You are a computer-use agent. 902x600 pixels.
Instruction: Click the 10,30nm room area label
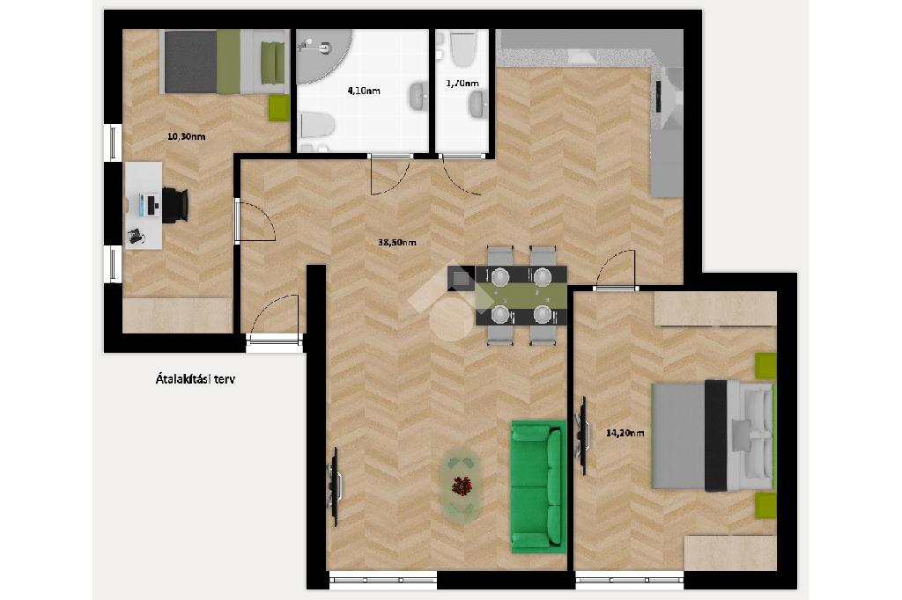click(186, 136)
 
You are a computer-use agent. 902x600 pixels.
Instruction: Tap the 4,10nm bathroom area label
click(364, 91)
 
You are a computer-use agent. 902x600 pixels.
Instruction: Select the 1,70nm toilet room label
click(462, 84)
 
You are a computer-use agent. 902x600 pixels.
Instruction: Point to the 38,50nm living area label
click(397, 243)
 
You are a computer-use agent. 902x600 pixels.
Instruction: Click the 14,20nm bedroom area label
click(625, 433)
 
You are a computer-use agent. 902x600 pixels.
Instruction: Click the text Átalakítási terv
click(195, 379)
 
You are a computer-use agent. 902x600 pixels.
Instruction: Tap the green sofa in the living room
click(538, 487)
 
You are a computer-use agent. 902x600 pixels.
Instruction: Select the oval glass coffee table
click(461, 486)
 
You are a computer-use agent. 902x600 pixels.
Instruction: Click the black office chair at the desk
click(175, 205)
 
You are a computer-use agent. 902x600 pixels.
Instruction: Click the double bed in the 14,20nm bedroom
click(713, 435)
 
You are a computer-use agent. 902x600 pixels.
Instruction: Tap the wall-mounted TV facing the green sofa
click(334, 487)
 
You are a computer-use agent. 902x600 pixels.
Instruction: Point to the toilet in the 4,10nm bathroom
click(317, 125)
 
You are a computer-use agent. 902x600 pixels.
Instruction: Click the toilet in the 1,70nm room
click(463, 48)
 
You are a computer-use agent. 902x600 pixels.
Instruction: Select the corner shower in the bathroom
click(322, 56)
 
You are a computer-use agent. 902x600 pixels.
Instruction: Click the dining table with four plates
click(521, 296)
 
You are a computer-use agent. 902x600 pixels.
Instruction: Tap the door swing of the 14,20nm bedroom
click(617, 268)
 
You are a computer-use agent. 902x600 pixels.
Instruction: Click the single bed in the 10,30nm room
click(225, 62)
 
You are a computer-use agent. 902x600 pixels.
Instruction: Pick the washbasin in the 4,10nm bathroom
click(418, 96)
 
